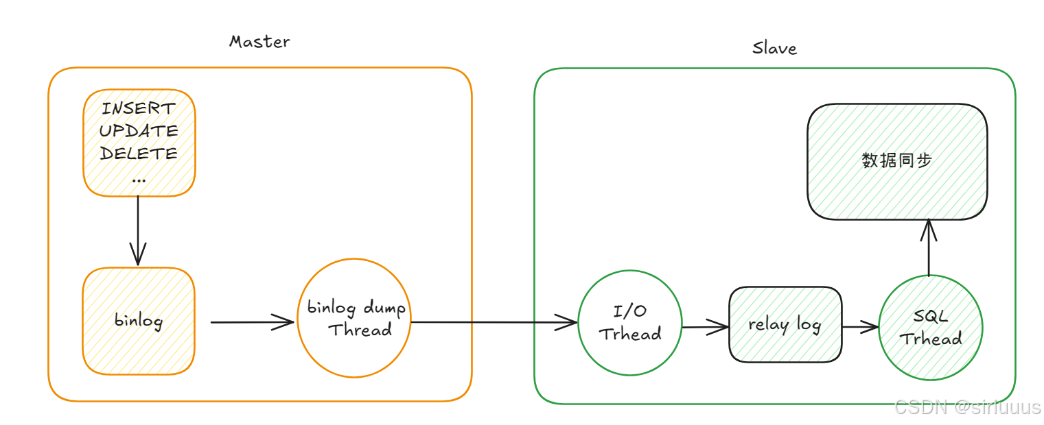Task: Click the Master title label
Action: pos(259,42)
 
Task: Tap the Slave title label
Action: pos(774,48)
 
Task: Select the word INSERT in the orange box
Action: pos(139,108)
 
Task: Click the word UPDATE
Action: pos(139,130)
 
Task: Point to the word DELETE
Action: pos(139,153)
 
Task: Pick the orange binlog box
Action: pos(139,321)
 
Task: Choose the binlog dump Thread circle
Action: pos(355,317)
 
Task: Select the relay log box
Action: pos(785,324)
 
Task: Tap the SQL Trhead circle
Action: pos(930,327)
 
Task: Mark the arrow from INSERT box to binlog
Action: pos(139,230)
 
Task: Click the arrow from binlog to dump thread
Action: pos(252,321)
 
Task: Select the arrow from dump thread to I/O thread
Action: pos(494,321)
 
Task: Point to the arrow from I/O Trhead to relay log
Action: pos(705,328)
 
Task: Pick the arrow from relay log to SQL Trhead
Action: pos(860,327)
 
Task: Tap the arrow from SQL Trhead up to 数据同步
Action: pos(929,247)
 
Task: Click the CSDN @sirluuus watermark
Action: pos(968,407)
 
